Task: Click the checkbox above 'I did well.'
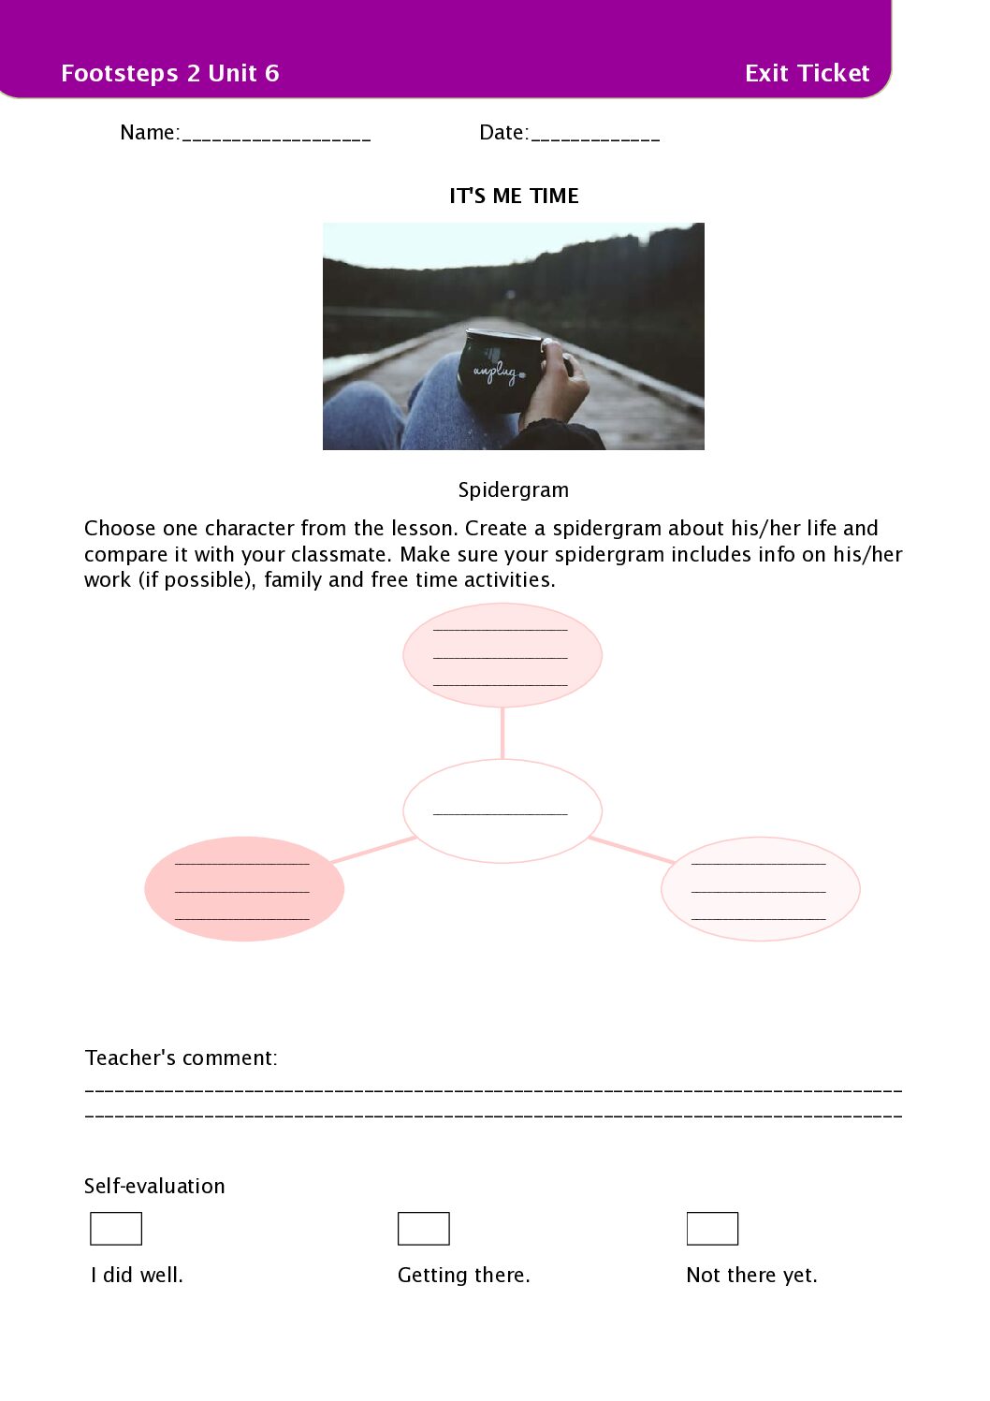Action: coord(116,1228)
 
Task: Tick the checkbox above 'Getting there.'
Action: coord(423,1228)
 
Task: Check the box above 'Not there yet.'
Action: coord(712,1228)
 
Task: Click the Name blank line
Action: coord(276,136)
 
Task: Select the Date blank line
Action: coord(594,136)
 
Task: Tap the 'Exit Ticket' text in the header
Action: coord(807,73)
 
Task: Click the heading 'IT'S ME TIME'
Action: coord(514,196)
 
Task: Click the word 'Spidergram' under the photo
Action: coord(513,489)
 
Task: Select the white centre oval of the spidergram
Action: coord(502,810)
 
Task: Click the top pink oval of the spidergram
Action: coord(502,655)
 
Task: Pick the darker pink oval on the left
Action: coord(244,888)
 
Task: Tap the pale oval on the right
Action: coord(760,888)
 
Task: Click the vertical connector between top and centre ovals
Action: coord(502,733)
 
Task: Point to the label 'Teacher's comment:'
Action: coord(182,1058)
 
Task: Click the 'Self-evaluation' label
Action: coord(154,1186)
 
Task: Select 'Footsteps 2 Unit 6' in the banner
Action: coord(169,73)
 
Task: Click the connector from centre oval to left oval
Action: coord(372,850)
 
